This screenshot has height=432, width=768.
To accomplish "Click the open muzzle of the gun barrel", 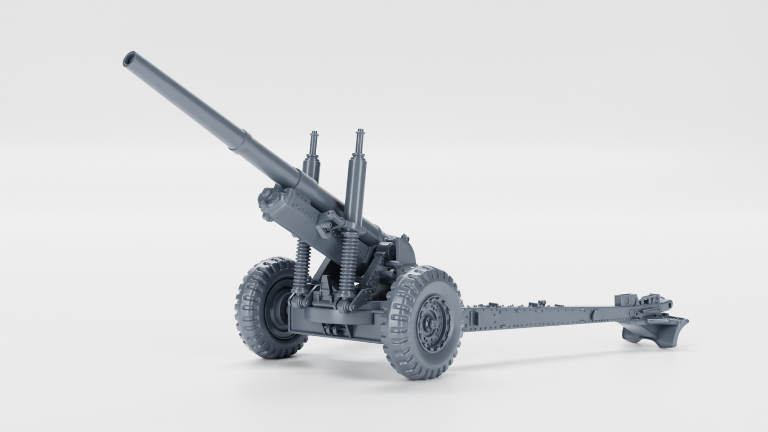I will tap(129, 59).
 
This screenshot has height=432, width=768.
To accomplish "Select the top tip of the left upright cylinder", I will tap(314, 134).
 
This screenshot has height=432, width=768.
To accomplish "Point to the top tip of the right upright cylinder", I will tap(360, 132).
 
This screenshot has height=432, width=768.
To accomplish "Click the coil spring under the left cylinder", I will tap(302, 266).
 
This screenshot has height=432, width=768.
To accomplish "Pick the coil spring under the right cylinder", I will tap(349, 263).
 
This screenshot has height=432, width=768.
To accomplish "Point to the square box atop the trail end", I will tap(626, 300).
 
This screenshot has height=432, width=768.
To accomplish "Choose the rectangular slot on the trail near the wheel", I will tap(475, 318).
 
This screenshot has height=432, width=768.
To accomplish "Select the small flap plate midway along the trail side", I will tap(593, 315).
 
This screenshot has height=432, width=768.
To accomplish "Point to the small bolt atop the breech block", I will tap(404, 238).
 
